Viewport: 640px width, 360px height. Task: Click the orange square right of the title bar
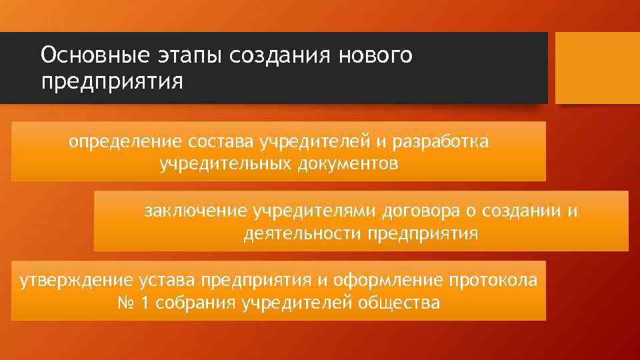click(597, 67)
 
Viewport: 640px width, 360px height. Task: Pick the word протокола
click(497, 280)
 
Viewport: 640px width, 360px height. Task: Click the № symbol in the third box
click(125, 303)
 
